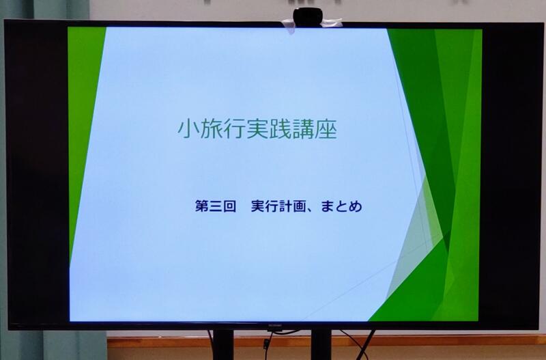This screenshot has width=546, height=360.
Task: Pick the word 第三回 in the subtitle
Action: (x=216, y=206)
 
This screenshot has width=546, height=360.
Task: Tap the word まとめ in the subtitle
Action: (x=341, y=206)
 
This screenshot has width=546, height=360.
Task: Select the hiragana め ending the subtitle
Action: (x=355, y=206)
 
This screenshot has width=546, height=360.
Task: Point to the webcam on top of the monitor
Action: (x=308, y=16)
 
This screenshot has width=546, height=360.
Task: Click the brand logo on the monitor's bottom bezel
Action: (x=275, y=327)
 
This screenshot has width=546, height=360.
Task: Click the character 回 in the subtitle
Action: (x=229, y=206)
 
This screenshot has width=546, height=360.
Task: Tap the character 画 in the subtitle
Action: (x=299, y=206)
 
